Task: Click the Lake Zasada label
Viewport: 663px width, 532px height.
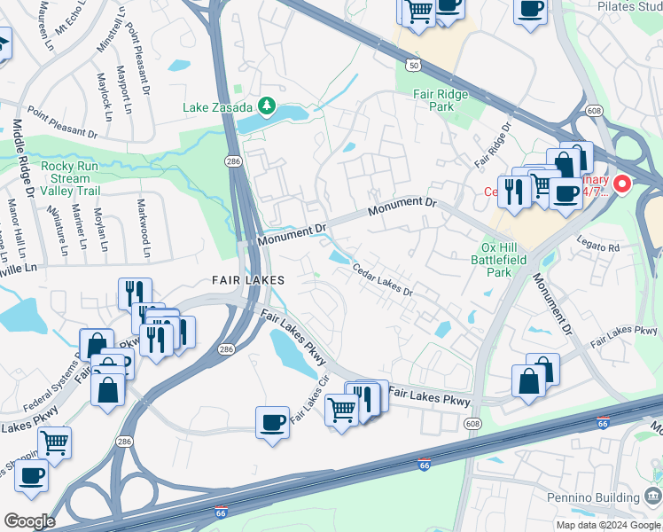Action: click(219, 107)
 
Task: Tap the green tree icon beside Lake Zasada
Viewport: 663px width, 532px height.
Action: click(267, 107)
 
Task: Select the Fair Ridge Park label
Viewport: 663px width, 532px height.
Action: click(433, 100)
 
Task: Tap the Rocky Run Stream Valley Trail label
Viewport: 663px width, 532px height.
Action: click(77, 178)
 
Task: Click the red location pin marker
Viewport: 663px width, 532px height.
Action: click(622, 184)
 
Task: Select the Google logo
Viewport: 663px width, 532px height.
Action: click(29, 520)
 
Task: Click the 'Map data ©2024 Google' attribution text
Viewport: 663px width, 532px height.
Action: click(608, 525)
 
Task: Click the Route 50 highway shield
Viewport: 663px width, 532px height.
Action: click(413, 64)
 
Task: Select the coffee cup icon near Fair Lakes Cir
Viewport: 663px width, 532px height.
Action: click(272, 422)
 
